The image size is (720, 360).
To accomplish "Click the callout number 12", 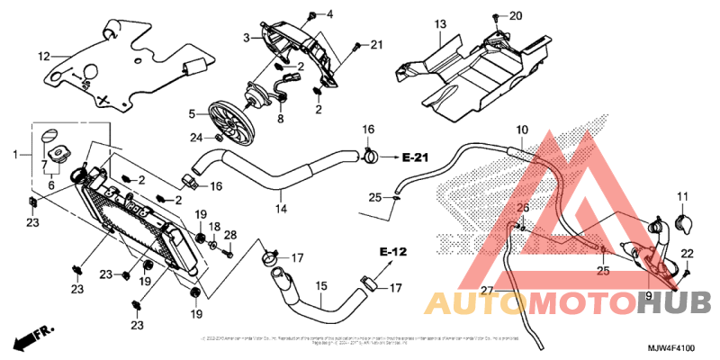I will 42,56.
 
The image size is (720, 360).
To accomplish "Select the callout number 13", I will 440,23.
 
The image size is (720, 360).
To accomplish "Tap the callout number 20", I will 516,17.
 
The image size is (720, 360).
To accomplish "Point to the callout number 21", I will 376,45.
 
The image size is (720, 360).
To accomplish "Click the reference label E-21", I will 418,157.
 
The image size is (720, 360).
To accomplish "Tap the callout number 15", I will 319,288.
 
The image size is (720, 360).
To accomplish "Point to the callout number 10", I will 522,131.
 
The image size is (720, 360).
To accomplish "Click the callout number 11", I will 681,196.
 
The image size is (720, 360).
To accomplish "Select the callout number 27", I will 487,290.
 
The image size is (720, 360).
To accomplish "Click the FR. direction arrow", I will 30,340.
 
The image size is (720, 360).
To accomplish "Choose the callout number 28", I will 229,235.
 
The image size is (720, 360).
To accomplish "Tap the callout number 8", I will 281,119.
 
